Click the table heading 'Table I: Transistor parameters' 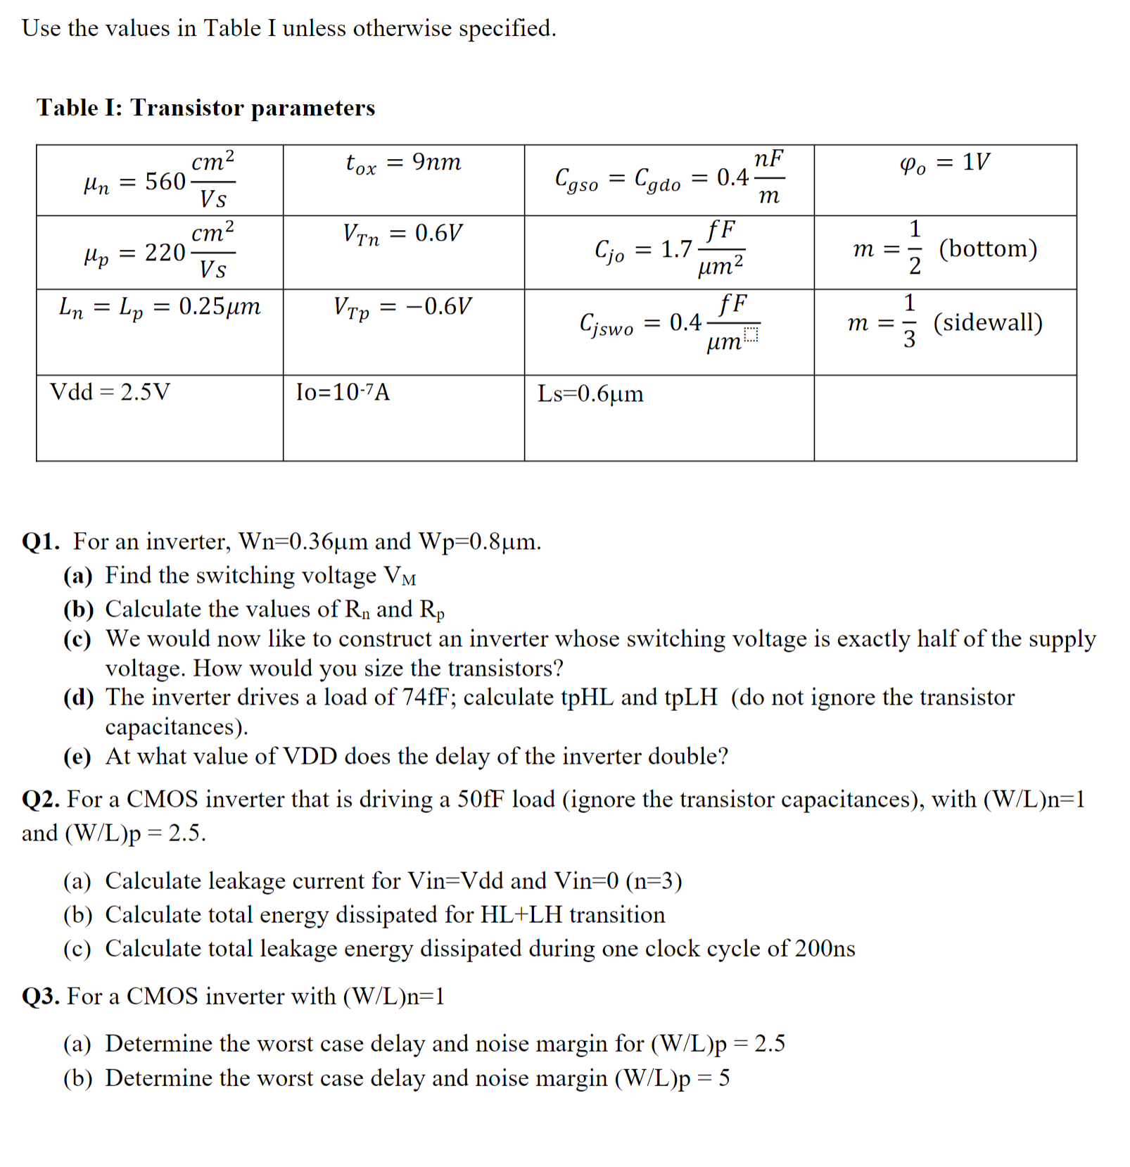click(x=205, y=108)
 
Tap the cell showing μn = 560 click(x=159, y=181)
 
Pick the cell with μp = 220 click(x=159, y=252)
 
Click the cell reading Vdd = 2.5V click(x=110, y=392)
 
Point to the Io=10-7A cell click(x=343, y=392)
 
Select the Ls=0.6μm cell click(x=590, y=393)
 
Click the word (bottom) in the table click(x=988, y=248)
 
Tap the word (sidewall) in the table click(x=988, y=322)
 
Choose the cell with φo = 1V click(x=944, y=163)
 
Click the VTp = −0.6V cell click(x=403, y=308)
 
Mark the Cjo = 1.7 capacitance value click(x=668, y=250)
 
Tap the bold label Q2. click(x=41, y=800)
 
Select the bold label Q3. click(x=41, y=997)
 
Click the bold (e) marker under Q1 click(x=77, y=757)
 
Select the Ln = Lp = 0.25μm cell click(x=159, y=308)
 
